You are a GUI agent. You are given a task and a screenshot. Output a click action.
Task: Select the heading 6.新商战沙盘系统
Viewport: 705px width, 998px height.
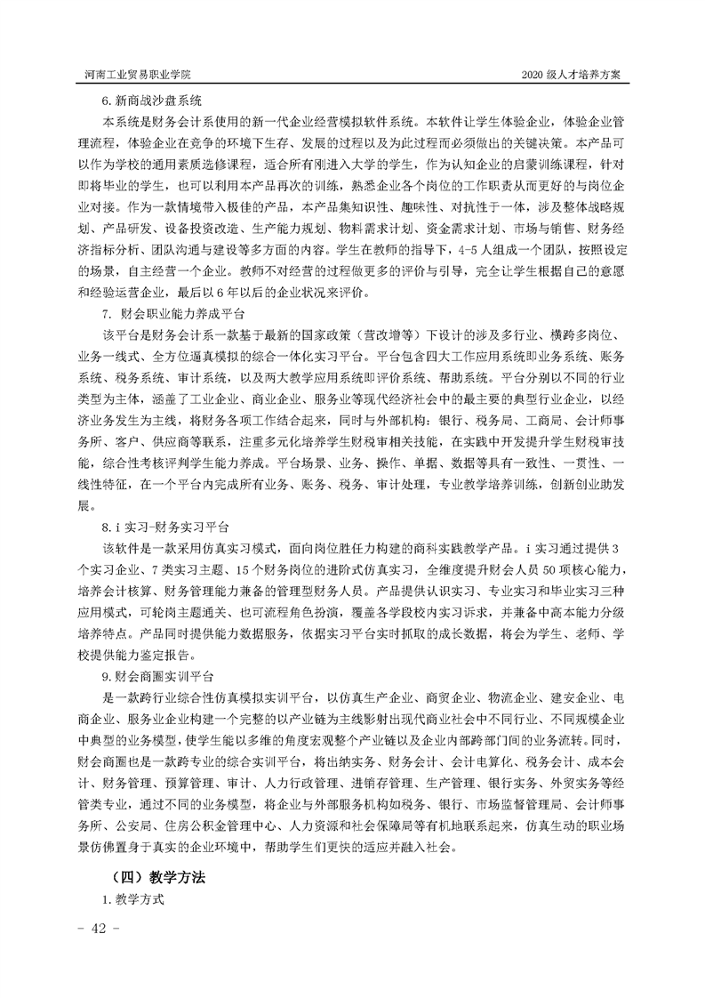(x=152, y=101)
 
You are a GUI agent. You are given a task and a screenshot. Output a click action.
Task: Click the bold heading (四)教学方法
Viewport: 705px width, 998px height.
(x=155, y=876)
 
